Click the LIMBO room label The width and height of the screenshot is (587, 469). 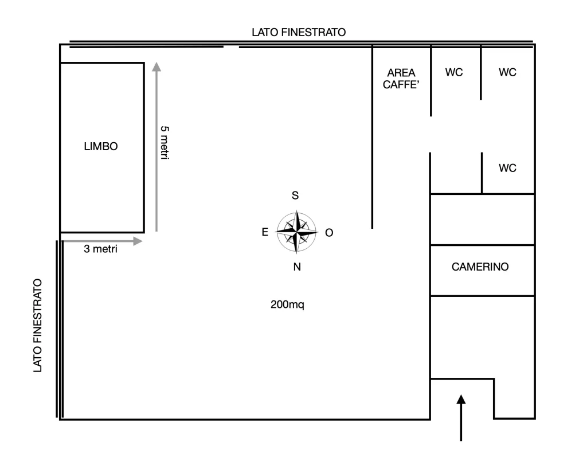[101, 146]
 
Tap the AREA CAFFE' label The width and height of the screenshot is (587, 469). [401, 79]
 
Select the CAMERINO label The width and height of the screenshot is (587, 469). [480, 267]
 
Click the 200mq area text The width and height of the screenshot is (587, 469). [287, 304]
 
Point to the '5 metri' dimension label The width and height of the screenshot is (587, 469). [165, 143]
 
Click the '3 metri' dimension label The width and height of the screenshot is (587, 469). [100, 249]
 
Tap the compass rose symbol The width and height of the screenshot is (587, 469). [296, 232]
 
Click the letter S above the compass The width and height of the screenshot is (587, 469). [295, 196]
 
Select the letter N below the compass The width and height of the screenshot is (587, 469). [297, 267]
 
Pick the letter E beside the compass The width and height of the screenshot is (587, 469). [265, 232]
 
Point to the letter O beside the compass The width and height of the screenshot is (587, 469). [329, 233]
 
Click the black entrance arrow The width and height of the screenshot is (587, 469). [461, 418]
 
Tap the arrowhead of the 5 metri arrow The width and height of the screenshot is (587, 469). [156, 67]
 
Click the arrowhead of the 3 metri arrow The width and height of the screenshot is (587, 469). [138, 241]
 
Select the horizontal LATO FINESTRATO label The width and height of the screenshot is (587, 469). [299, 32]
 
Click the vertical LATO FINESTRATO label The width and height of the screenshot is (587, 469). [37, 326]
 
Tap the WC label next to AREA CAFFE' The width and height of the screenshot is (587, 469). [454, 72]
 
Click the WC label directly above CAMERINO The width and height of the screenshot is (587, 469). [508, 168]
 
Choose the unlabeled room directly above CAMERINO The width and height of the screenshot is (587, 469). [482, 220]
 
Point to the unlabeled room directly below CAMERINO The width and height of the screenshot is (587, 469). [482, 337]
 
